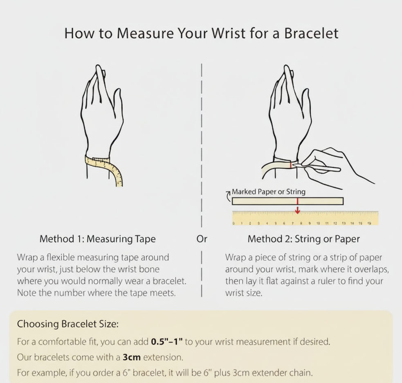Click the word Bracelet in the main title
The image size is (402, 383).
(x=311, y=33)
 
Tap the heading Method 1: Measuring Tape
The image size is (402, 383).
(x=97, y=239)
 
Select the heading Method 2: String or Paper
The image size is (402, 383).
(x=303, y=239)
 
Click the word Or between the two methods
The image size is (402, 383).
(x=202, y=239)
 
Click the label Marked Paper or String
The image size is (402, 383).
(x=268, y=192)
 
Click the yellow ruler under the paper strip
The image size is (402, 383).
(x=305, y=218)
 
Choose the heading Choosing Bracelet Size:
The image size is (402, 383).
(x=68, y=324)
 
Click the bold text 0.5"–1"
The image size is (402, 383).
(x=167, y=341)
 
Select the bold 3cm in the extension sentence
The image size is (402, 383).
(x=132, y=357)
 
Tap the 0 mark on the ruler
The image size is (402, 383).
(x=234, y=224)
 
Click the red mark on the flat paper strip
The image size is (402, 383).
(x=297, y=201)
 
